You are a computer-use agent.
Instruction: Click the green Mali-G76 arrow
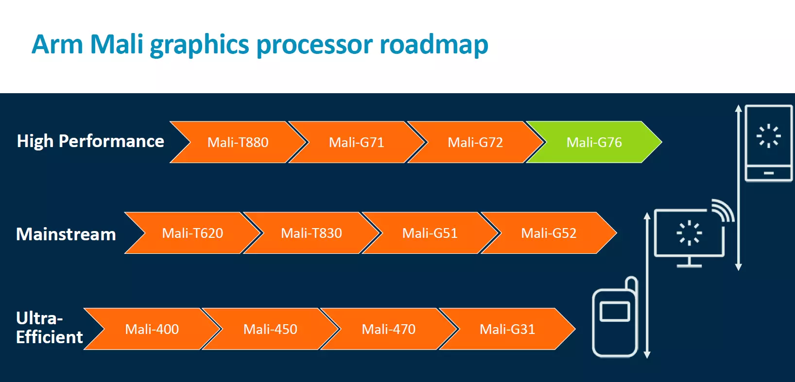click(594, 142)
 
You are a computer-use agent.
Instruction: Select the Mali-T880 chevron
click(238, 142)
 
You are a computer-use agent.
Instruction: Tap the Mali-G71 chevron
click(357, 142)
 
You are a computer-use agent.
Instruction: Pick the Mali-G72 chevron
click(476, 142)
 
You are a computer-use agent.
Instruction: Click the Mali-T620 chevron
click(193, 233)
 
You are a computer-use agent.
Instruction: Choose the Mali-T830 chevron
click(311, 233)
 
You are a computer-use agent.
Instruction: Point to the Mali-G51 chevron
click(430, 233)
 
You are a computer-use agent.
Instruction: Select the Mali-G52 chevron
click(549, 233)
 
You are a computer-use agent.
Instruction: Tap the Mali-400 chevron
click(152, 329)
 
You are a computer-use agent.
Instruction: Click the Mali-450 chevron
click(271, 329)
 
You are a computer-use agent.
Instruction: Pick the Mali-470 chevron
click(389, 329)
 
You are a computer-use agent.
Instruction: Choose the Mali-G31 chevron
click(507, 329)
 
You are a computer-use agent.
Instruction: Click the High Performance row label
click(90, 141)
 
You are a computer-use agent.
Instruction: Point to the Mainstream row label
click(66, 234)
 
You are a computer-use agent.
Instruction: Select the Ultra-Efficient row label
click(50, 328)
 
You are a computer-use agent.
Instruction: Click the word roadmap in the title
click(434, 45)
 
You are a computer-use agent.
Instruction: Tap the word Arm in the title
click(57, 44)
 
